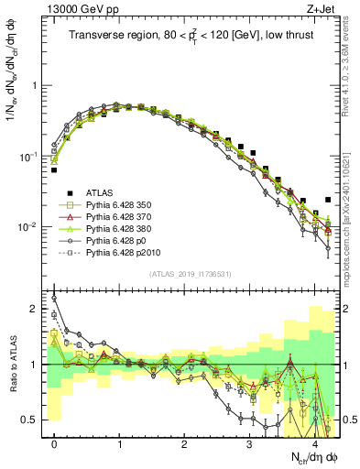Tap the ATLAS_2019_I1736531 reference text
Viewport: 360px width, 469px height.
click(x=191, y=274)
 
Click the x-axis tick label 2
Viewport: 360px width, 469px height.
click(x=184, y=444)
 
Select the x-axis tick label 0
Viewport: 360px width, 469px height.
click(x=54, y=444)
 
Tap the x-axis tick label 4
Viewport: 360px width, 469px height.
click(x=313, y=444)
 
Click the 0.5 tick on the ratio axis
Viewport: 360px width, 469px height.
click(x=32, y=420)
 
